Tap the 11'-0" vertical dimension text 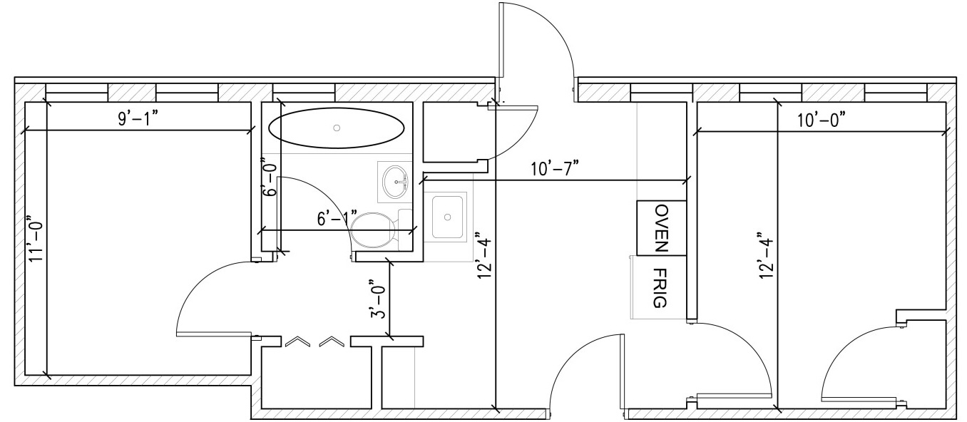pyautogui.click(x=36, y=238)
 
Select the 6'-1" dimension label pyautogui.click(x=337, y=218)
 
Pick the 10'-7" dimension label pyautogui.click(x=554, y=168)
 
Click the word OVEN pyautogui.click(x=662, y=228)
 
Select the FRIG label pyautogui.click(x=661, y=288)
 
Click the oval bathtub pyautogui.click(x=337, y=128)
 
